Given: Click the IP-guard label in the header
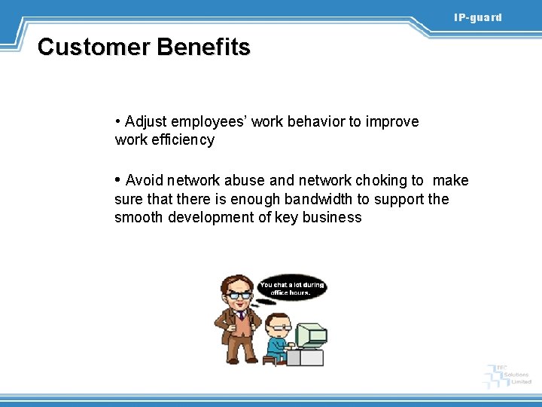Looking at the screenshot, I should tap(477, 17).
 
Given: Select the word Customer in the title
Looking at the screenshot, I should tap(94, 47).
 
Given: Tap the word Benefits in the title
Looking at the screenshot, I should tap(203, 47).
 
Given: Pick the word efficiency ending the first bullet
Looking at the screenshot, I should tap(184, 140).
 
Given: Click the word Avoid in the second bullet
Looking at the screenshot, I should tap(145, 181).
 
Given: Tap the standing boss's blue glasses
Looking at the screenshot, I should tap(240, 295).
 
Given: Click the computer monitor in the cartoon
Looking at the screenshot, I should tap(309, 335).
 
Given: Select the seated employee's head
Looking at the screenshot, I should tap(278, 325).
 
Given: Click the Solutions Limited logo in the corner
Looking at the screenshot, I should tap(510, 375).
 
